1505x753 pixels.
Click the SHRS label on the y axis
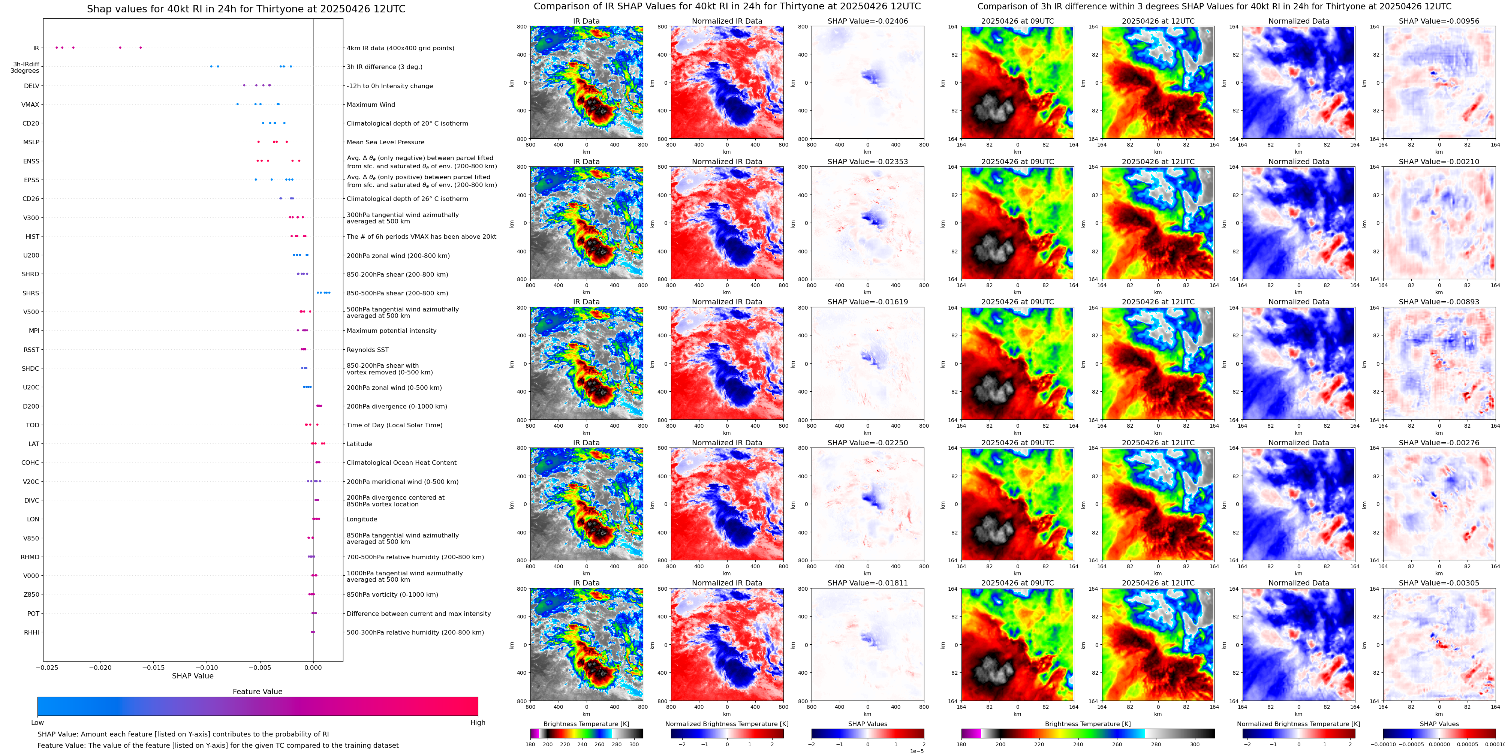pos(31,293)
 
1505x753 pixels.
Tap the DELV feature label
pos(31,86)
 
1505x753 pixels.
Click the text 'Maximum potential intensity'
pos(391,331)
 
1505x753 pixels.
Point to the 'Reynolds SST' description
pos(367,350)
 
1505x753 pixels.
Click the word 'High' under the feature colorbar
pos(477,723)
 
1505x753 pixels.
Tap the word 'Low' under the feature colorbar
pos(37,723)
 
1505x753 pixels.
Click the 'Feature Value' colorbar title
pos(257,692)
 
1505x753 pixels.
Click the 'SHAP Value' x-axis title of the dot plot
pos(193,676)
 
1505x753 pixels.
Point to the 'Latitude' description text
pos(359,444)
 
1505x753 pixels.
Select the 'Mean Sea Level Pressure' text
pos(386,142)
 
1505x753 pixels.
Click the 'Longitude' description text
pos(362,519)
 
